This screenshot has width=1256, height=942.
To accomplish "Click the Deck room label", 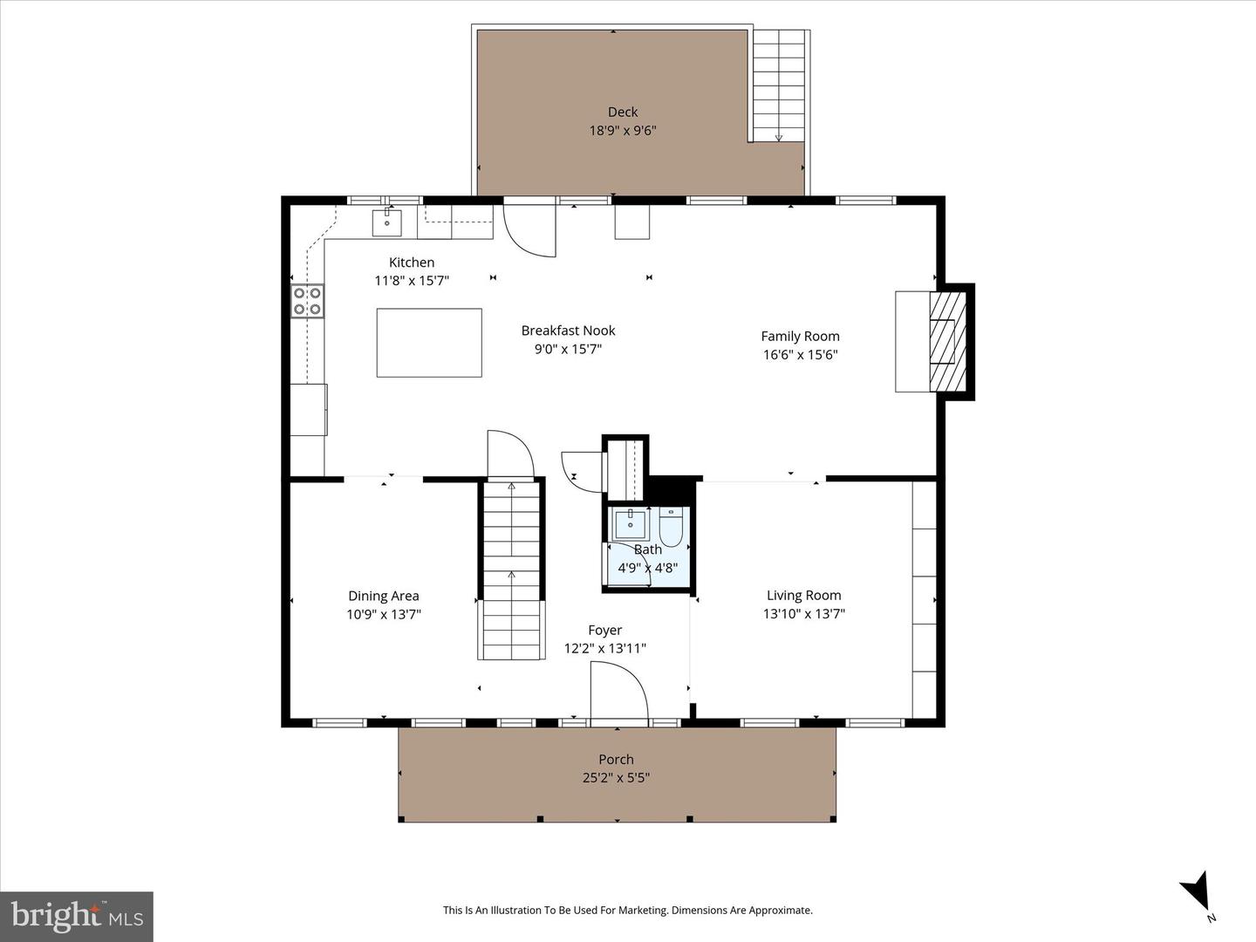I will [x=622, y=112].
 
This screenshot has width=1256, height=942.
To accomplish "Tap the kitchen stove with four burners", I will [x=307, y=302].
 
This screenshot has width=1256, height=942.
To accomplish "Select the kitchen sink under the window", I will [x=386, y=222].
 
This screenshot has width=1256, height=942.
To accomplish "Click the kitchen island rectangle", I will [x=429, y=343].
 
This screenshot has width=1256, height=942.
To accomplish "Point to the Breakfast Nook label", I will [x=568, y=331].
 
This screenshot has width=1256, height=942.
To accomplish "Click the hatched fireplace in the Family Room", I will [x=947, y=340].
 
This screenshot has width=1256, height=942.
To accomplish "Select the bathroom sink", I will [x=630, y=525].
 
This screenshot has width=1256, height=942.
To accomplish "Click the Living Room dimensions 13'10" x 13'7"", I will [x=803, y=614].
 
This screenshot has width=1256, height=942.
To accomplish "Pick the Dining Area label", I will [x=384, y=596].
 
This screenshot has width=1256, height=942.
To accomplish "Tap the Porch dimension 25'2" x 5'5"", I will [x=616, y=778].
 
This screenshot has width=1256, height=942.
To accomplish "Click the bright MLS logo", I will [x=77, y=916].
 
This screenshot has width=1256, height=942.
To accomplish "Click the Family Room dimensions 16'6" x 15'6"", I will [x=800, y=355].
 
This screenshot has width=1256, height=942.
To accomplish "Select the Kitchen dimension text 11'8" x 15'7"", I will [x=412, y=281].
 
